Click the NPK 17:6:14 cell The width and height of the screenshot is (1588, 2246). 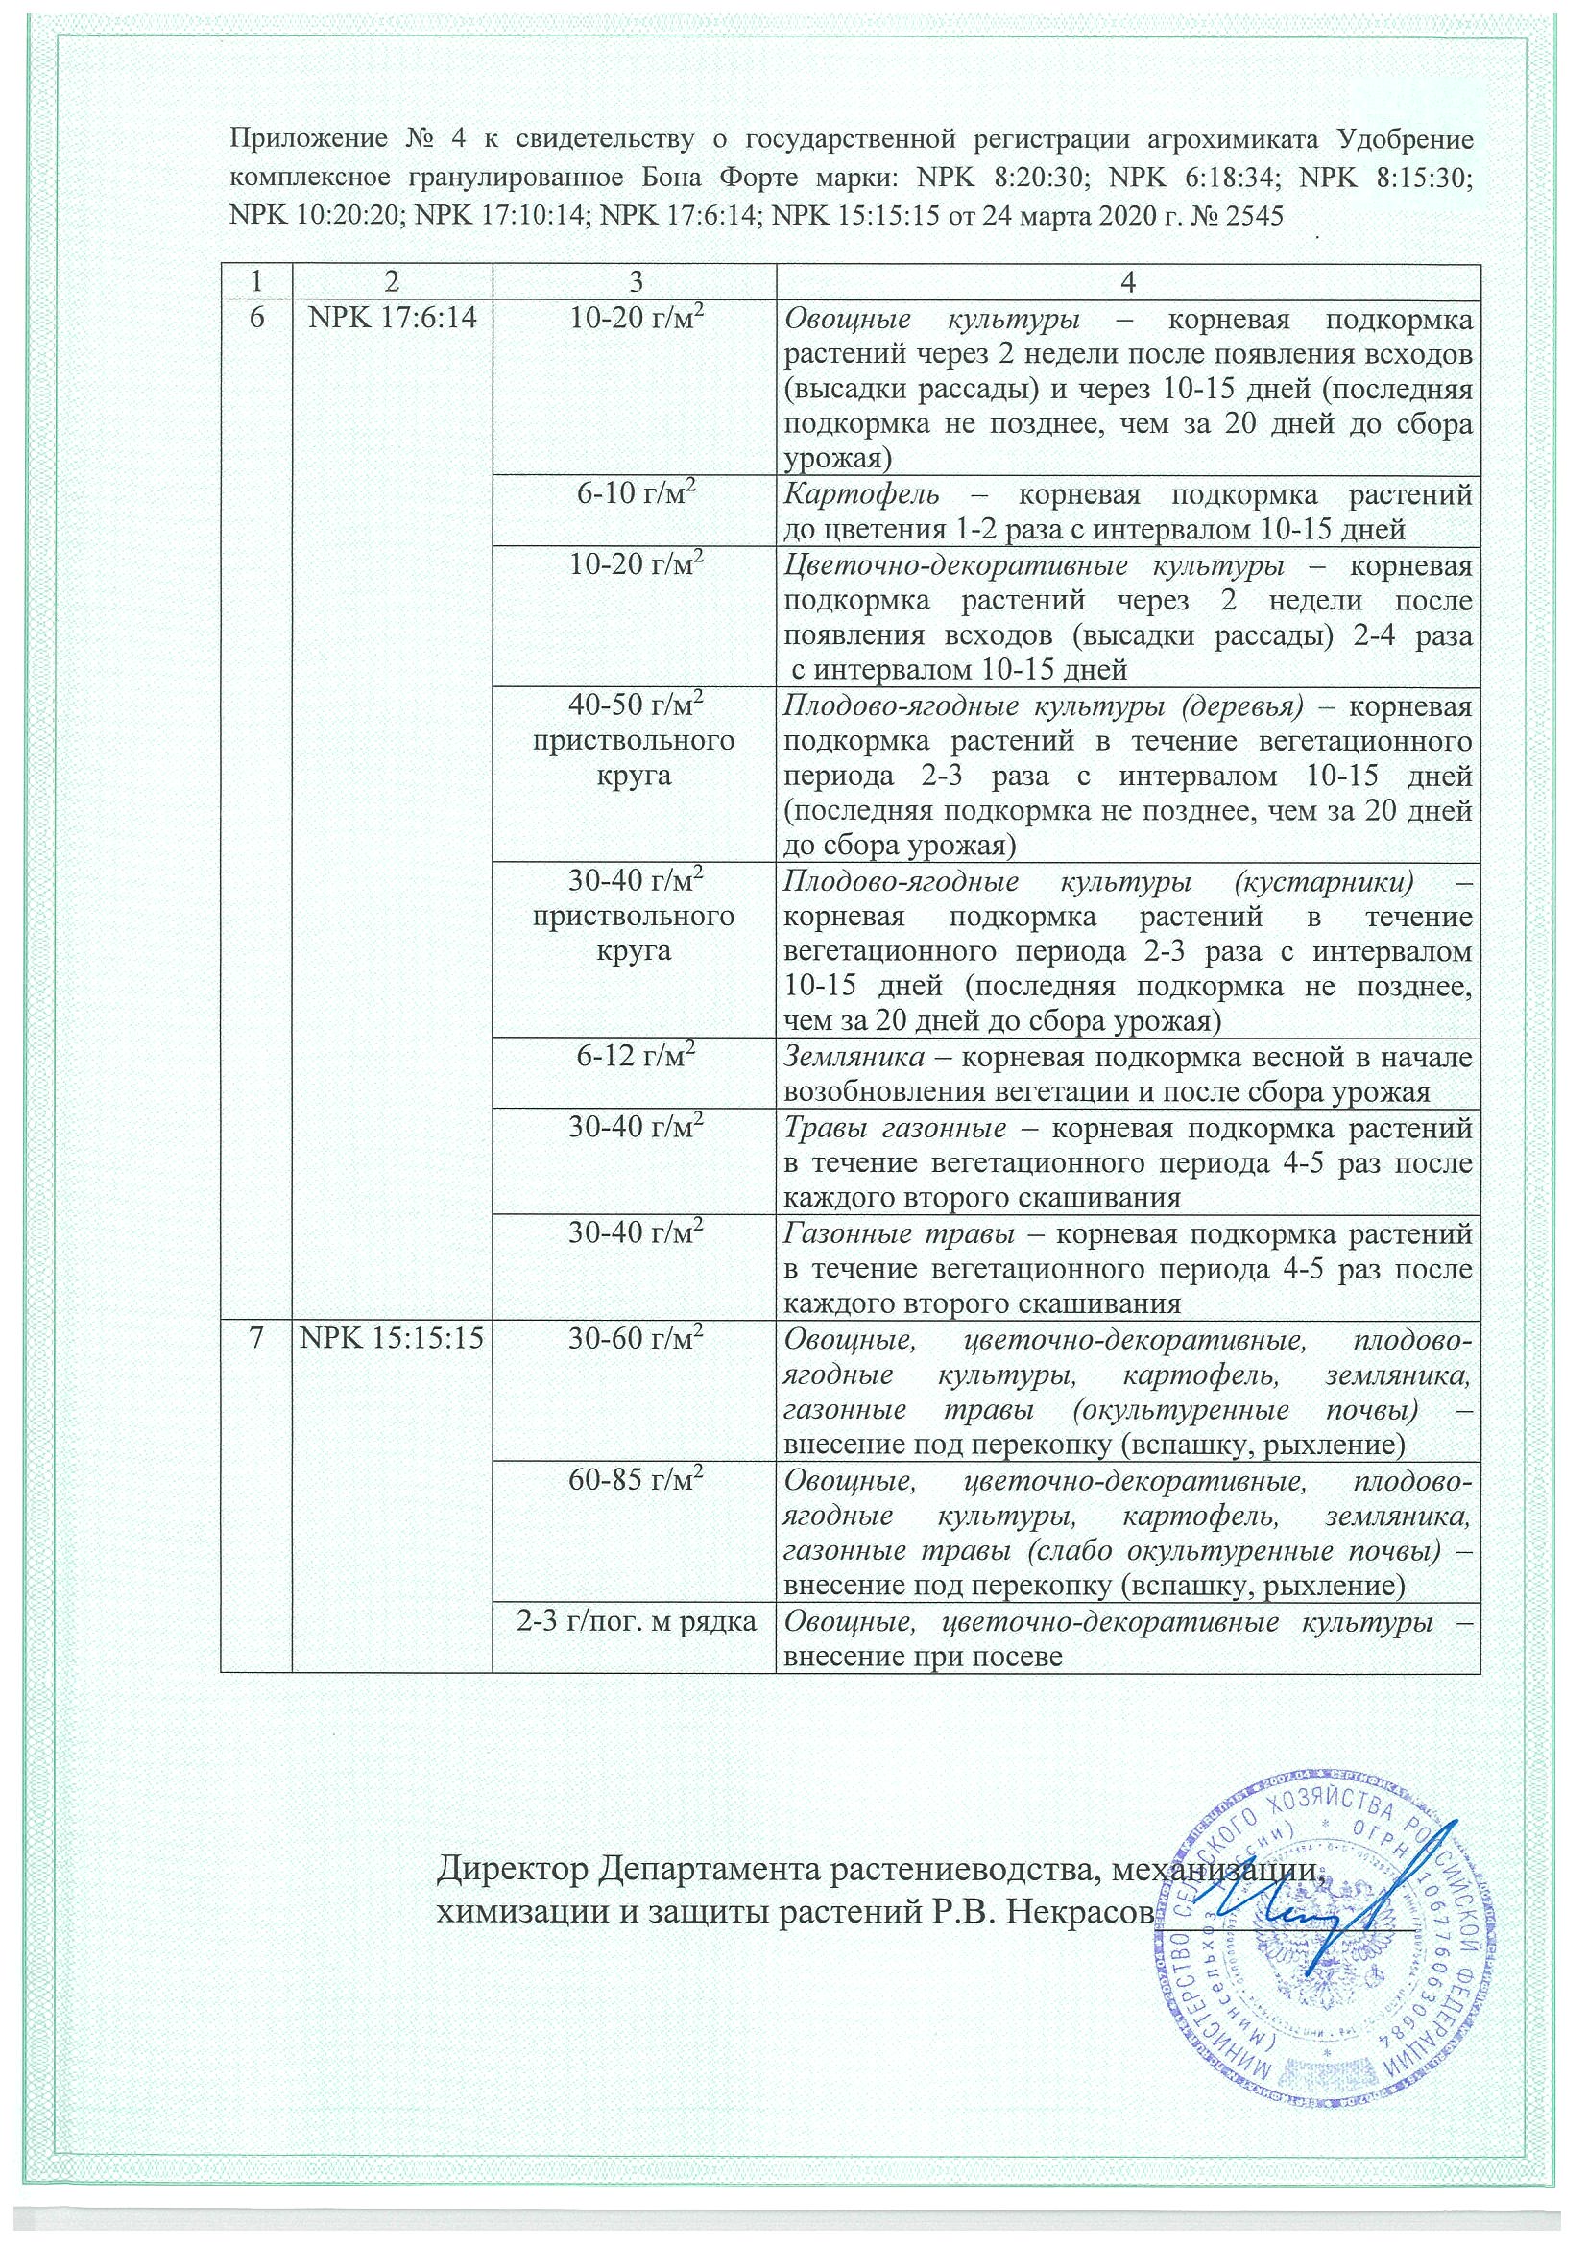pyautogui.click(x=392, y=319)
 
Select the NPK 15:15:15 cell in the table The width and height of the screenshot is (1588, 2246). pyautogui.click(x=392, y=1341)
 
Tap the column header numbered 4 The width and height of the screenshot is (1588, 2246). pyautogui.click(x=1127, y=283)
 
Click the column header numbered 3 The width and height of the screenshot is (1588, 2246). pyautogui.click(x=635, y=283)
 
